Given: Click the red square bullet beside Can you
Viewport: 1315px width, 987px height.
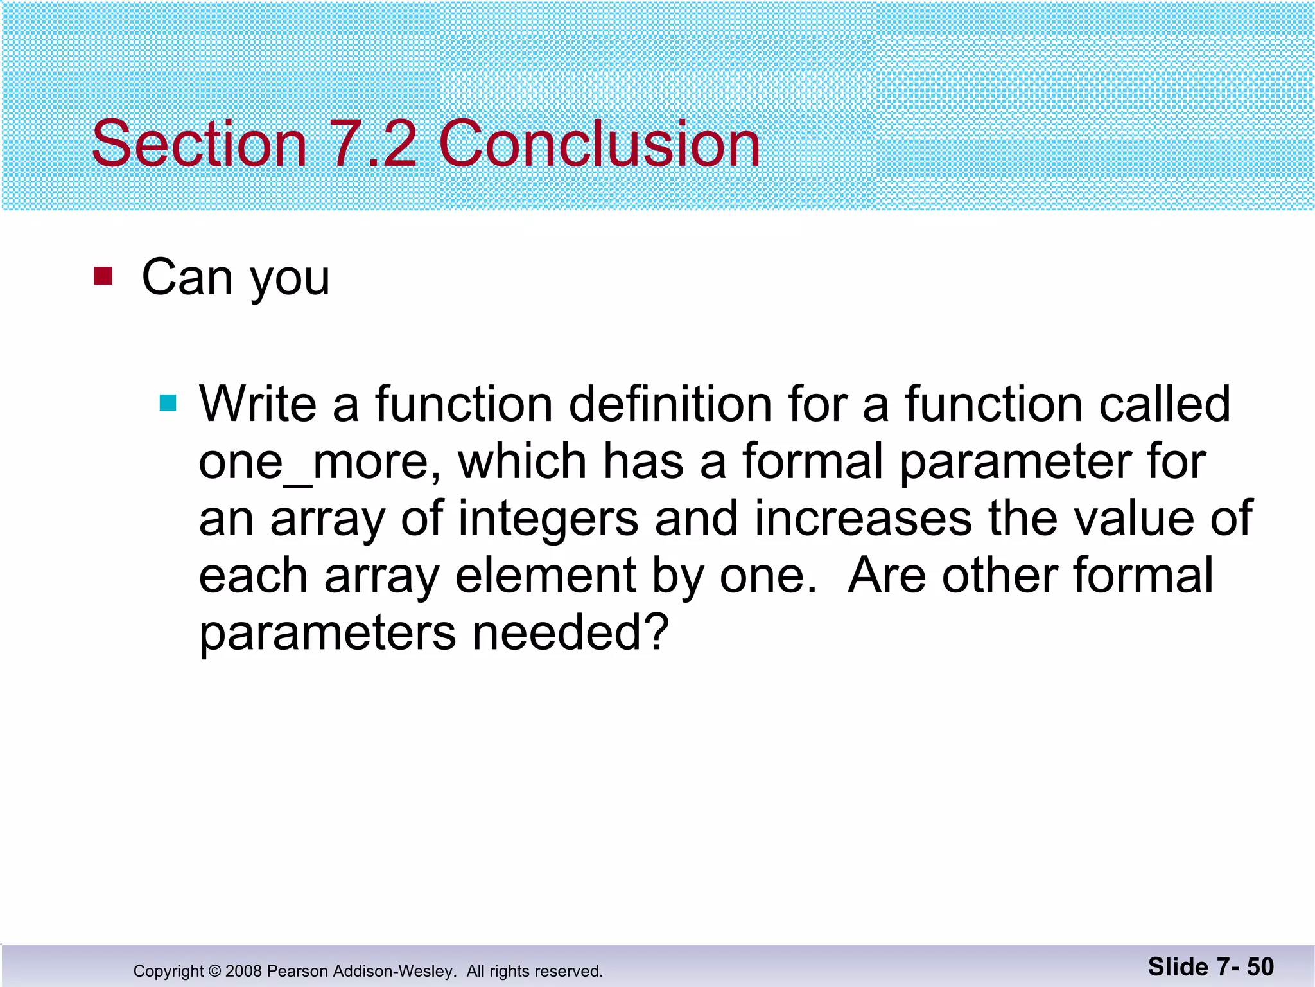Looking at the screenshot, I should [103, 276].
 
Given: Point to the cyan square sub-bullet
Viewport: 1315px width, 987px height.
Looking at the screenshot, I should [168, 403].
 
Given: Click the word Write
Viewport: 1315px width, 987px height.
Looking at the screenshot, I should [257, 404].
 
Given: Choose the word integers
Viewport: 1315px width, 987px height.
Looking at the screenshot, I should [548, 520].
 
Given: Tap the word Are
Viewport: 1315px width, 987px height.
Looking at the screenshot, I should [887, 576].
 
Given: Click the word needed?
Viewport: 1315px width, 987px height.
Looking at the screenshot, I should [571, 632].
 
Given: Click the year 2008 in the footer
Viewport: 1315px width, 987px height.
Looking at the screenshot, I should [244, 971].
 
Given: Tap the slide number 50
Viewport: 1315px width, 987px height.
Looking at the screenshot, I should [1260, 967].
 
